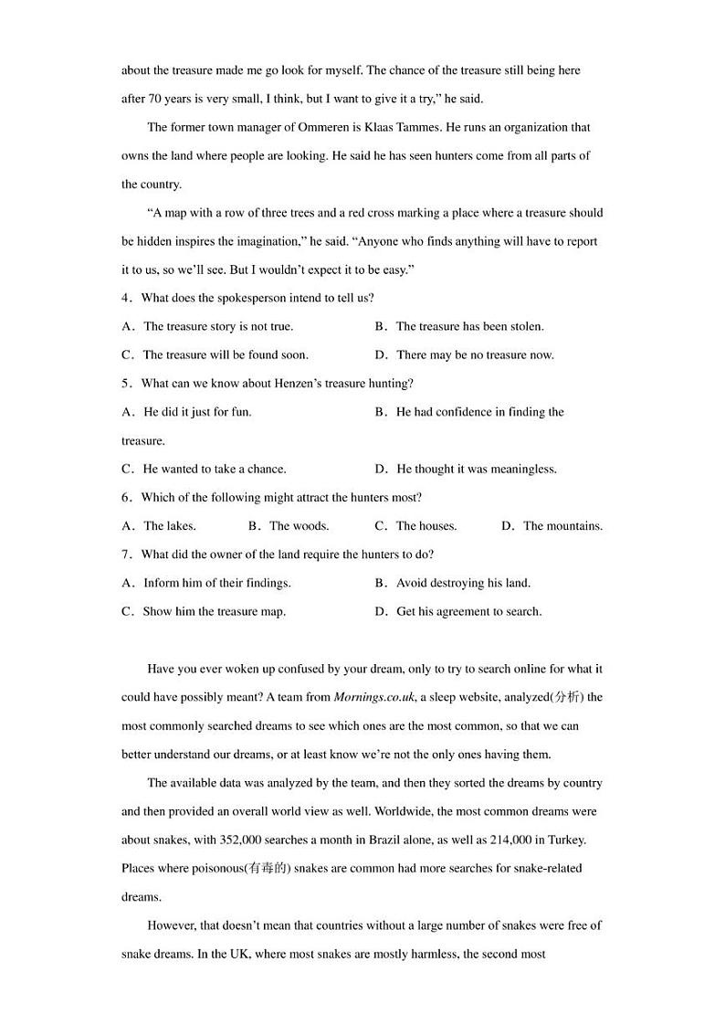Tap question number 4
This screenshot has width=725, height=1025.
coord(125,298)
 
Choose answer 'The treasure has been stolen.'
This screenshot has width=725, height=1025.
coord(469,326)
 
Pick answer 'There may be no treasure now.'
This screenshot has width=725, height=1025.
coord(475,354)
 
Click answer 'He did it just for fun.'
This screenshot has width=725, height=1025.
coord(197,412)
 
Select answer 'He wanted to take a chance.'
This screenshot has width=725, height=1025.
coord(214,469)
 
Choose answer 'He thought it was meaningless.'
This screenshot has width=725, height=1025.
coord(476,469)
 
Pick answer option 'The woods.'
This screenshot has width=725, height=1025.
coord(299,526)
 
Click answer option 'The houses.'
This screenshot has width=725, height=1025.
coord(426,526)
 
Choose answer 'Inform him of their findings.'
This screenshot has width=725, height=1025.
coord(216,583)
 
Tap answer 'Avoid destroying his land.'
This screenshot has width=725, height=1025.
coord(463,583)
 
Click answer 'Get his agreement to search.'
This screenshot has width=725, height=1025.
coord(468,611)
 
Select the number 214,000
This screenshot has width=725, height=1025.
coord(520,840)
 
